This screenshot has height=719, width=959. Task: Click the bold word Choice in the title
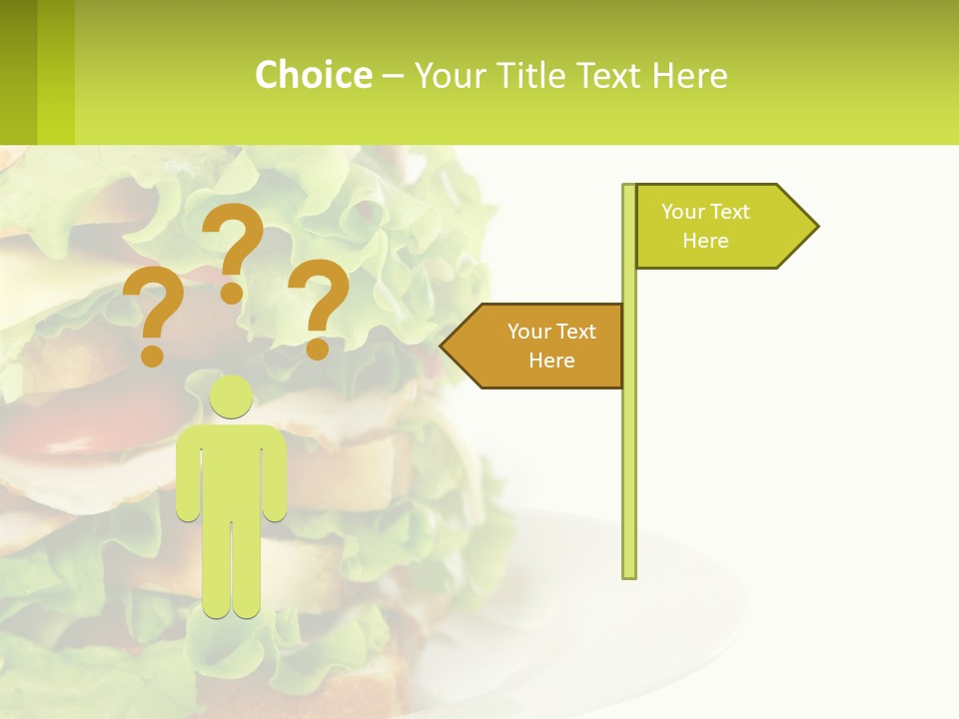(x=313, y=75)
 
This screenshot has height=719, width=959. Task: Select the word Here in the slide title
(x=689, y=76)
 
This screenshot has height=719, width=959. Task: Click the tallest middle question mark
(x=233, y=250)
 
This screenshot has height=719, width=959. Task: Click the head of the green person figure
(x=232, y=397)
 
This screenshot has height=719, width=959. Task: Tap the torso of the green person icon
(x=232, y=469)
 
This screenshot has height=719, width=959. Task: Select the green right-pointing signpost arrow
(x=719, y=227)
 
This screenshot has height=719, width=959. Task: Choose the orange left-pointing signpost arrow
(x=539, y=346)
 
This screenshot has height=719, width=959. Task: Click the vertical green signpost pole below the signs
(x=629, y=479)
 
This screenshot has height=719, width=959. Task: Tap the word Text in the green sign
(x=730, y=212)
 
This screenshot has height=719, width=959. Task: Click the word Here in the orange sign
(x=551, y=360)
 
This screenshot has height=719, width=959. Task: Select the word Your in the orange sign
(x=528, y=332)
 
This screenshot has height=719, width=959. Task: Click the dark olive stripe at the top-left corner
(x=18, y=72)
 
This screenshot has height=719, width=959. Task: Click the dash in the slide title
(x=393, y=76)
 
